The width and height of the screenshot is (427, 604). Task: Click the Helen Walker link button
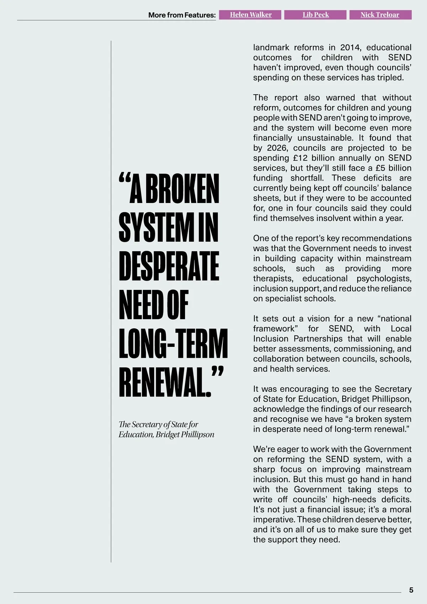251,15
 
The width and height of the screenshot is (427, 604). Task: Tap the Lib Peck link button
315,15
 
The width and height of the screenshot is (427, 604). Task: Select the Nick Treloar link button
380,15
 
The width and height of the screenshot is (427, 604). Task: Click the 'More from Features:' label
182,15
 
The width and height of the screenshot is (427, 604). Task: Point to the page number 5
411,590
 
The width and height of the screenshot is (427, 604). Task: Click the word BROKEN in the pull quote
182,189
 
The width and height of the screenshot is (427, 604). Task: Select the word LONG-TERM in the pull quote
173,344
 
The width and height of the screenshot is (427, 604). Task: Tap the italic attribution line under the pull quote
166,429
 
